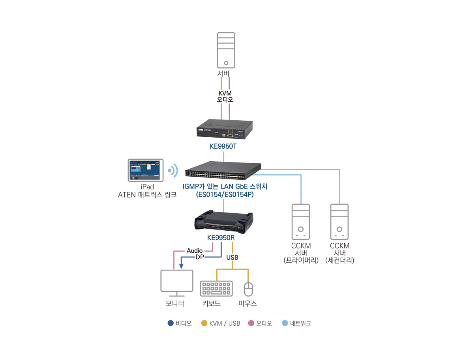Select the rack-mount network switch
223,170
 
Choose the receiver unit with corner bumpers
223,221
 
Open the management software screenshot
145,170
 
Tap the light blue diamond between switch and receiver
223,204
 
